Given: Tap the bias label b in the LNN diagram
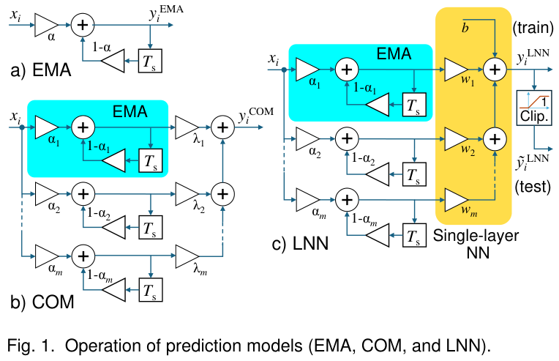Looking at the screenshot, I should pyautogui.click(x=464, y=29).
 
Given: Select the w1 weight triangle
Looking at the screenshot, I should pyautogui.click(x=456, y=70).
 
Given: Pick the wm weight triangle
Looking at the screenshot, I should pyautogui.click(x=456, y=198).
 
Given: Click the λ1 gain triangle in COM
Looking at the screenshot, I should pyautogui.click(x=186, y=126).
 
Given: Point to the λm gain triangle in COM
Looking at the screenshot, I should pyautogui.click(x=186, y=256).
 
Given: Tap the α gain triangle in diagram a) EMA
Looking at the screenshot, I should pyautogui.click(x=45, y=26).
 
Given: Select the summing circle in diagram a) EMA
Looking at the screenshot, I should pyautogui.click(x=82, y=26).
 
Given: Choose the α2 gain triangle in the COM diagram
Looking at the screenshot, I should pyautogui.click(x=45, y=193).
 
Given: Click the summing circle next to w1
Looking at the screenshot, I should pyautogui.click(x=495, y=70).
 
